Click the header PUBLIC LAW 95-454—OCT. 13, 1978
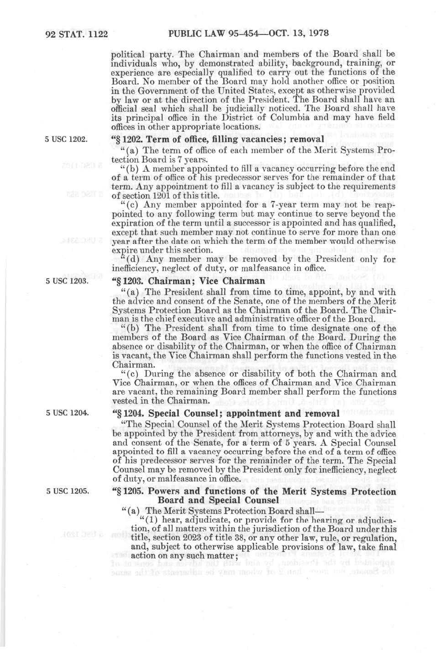pos(249,34)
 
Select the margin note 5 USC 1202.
pos(67,139)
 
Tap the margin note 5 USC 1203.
pos(67,281)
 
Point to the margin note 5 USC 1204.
pos(67,413)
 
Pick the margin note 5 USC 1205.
pos(67,492)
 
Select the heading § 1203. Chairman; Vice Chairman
pos(189,281)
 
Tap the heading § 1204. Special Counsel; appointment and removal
pos(226,413)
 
